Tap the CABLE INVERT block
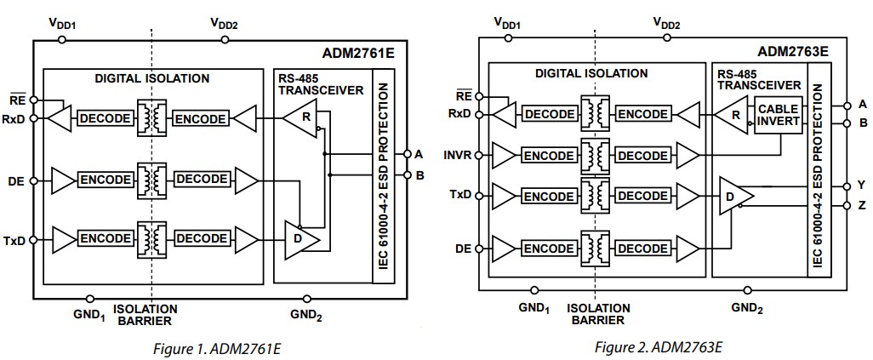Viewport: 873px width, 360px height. point(778,115)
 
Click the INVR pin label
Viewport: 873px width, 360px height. point(460,155)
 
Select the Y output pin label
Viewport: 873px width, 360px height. point(861,185)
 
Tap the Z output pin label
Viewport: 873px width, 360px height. point(861,205)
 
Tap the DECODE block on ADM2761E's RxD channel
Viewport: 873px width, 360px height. point(104,119)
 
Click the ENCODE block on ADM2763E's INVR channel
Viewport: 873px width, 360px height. point(548,155)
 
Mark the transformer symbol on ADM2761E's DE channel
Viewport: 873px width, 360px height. point(153,180)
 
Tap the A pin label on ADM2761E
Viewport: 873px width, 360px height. point(418,154)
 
